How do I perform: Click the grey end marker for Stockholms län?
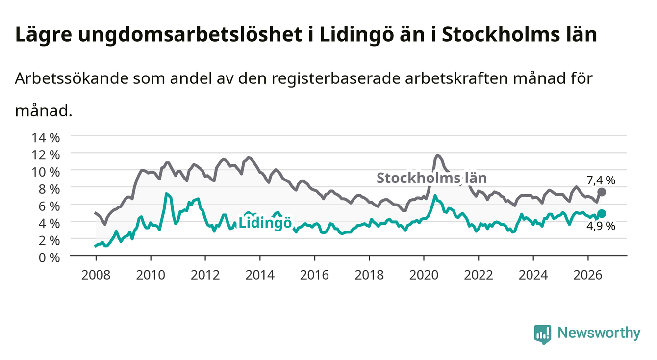pos(601,192)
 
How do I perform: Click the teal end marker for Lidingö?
pos(601,213)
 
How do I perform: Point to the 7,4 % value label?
pos(601,180)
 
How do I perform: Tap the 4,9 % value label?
pos(601,226)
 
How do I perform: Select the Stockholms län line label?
pos(431,178)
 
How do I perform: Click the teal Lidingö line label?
pos(265,223)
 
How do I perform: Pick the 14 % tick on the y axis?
pos(46,138)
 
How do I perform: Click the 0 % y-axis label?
pos(49,257)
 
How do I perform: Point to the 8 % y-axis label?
pos(49,189)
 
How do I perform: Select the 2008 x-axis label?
pos(96,275)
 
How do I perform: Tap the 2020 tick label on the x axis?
pos(424,275)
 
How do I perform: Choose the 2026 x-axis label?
pos(588,275)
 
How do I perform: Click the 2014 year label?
pos(260,275)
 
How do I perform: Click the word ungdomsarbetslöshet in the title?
pos(190,35)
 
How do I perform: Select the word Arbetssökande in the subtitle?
pos(72,78)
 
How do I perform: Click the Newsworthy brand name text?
pos(599,333)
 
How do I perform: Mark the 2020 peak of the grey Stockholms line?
pos(437,155)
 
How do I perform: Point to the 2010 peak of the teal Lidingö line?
pos(166,194)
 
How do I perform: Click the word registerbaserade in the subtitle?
pos(336,79)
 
